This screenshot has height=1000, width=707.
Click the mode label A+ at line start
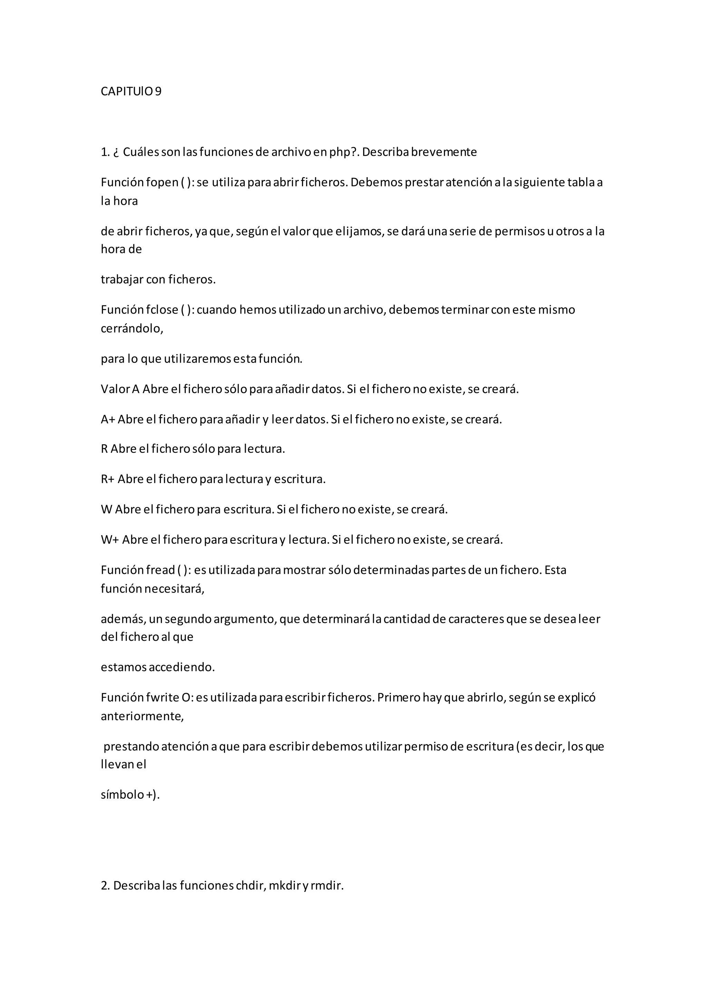pos(107,420)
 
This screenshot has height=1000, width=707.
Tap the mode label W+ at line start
pos(110,540)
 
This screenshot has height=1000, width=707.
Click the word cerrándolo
pos(132,328)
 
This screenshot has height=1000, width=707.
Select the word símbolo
pos(122,795)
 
